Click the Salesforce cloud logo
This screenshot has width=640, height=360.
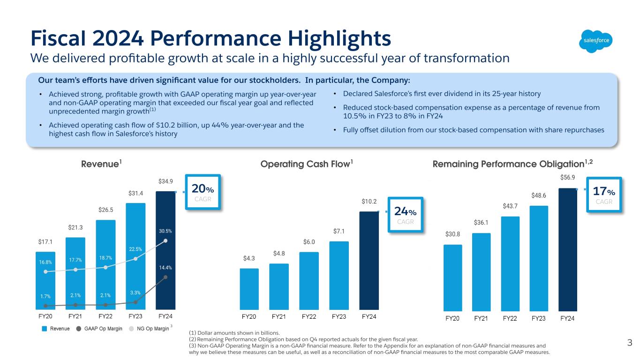click(596, 40)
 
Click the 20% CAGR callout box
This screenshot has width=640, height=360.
click(203, 192)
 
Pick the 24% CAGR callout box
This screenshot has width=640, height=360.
click(406, 214)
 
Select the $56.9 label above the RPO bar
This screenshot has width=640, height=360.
click(568, 178)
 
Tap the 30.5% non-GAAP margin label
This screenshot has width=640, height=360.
click(166, 231)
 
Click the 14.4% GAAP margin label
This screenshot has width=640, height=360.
click(166, 268)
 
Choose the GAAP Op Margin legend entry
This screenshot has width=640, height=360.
click(99, 329)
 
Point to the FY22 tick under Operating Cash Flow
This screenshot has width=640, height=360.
click(309, 317)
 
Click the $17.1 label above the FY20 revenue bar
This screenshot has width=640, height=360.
click(45, 242)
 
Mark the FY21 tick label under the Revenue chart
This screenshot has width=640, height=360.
click(75, 316)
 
